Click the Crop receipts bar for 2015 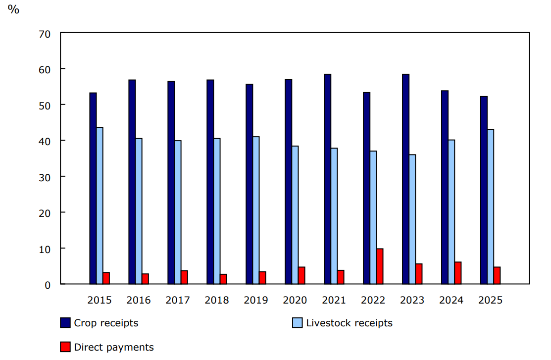93,188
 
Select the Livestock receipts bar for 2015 100,206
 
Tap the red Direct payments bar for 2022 380,266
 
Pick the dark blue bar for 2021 327,179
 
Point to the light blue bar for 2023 412,219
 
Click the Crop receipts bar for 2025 484,190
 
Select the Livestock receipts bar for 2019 256,210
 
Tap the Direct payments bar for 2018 223,279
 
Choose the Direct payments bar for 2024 458,273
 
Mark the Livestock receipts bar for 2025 490,206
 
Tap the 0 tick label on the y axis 48,285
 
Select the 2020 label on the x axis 295,300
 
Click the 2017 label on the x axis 177,300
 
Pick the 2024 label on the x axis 451,300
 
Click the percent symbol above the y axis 13,9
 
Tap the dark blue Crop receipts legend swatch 65,323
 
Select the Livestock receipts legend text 349,323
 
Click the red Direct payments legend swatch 65,347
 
